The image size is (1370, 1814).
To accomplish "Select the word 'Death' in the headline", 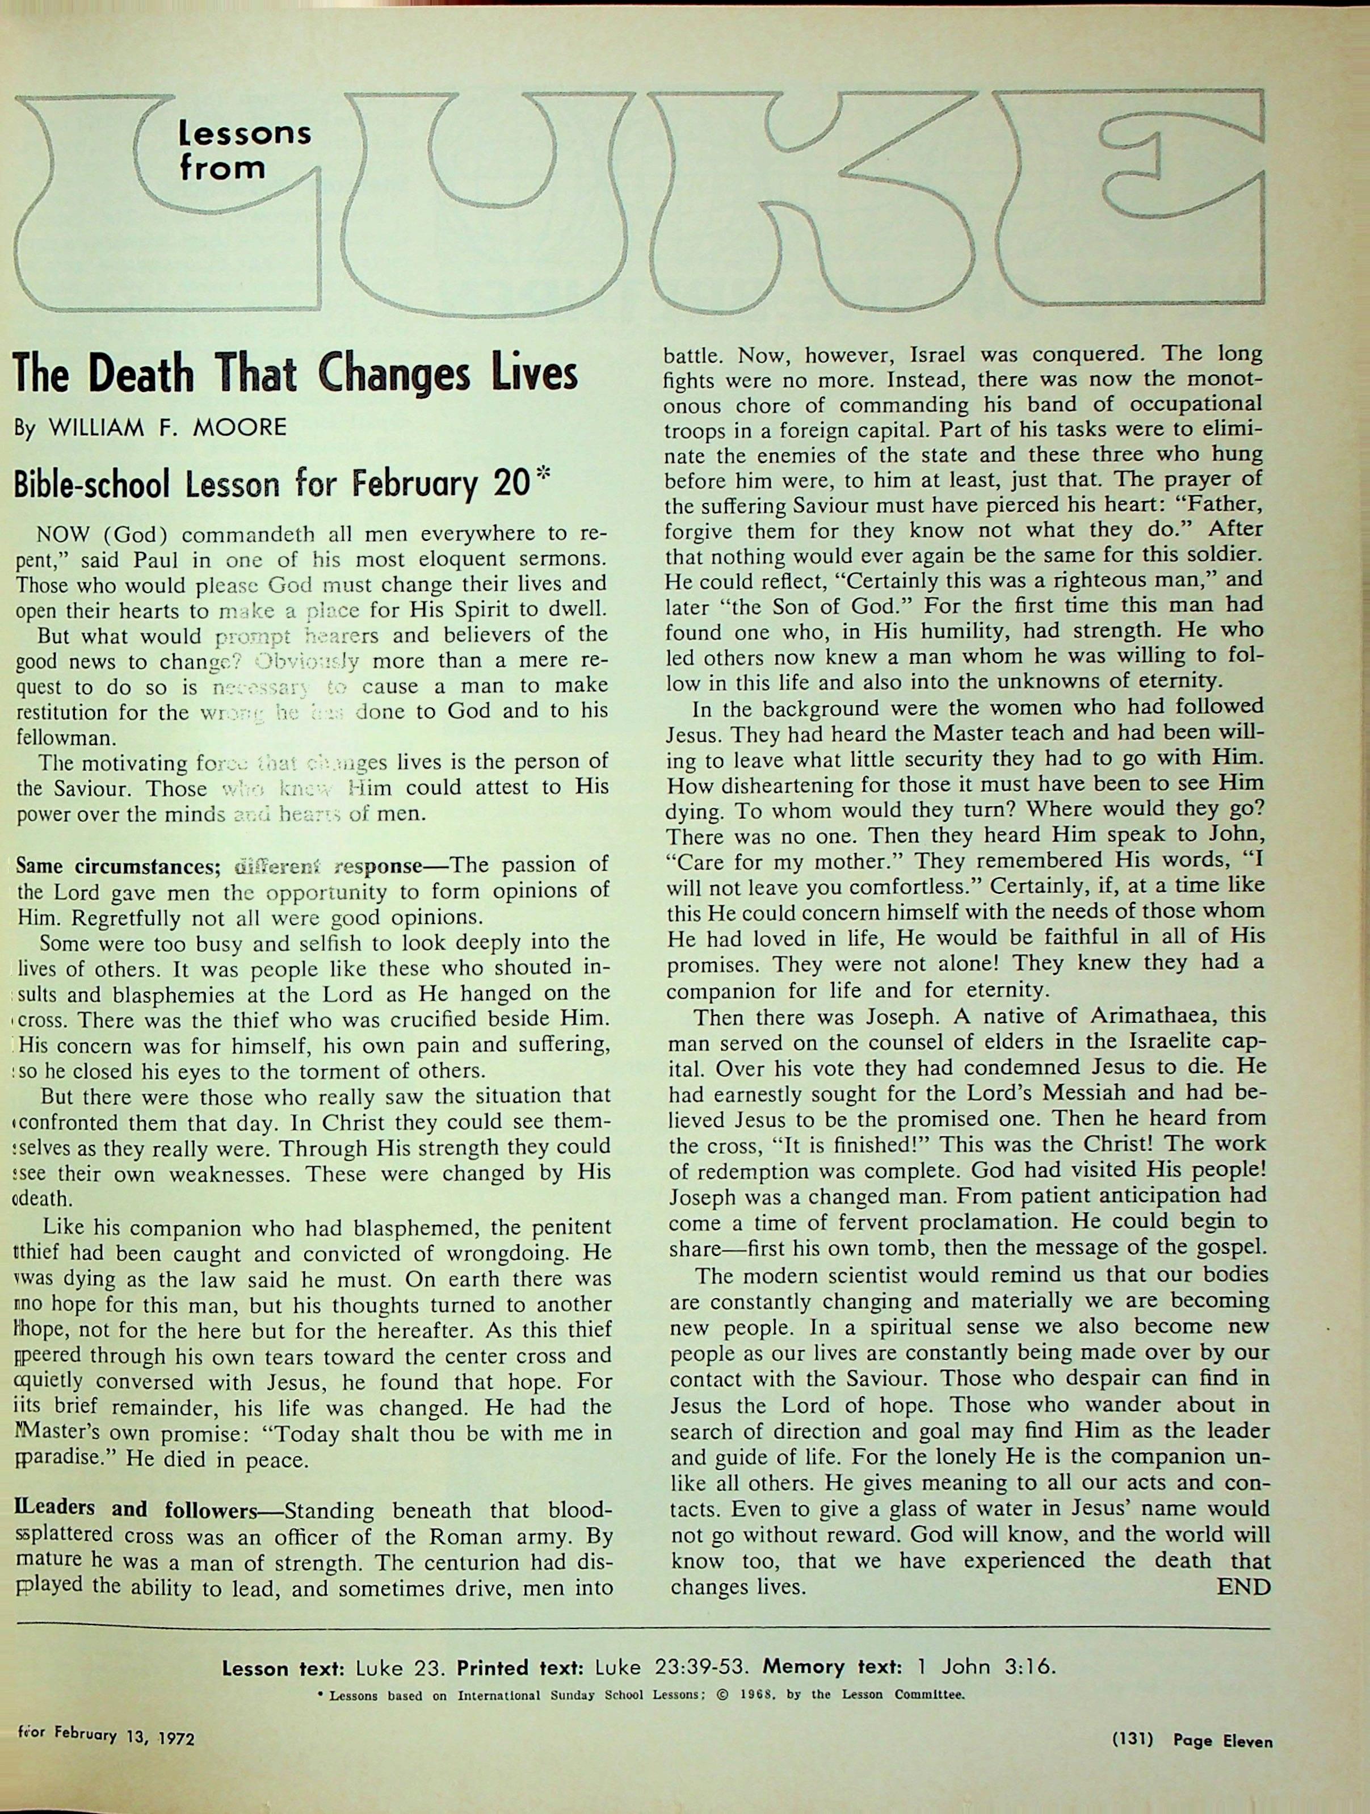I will tap(140, 374).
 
